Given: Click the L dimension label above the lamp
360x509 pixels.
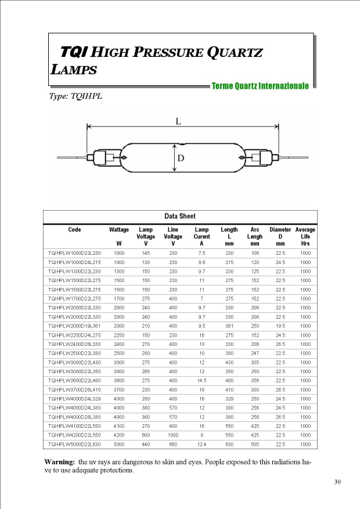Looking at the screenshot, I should point(178,121).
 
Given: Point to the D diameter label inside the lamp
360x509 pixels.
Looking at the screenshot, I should point(181,158).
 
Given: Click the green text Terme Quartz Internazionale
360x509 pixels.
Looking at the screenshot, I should point(260,86).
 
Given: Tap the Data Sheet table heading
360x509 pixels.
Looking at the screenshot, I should point(179,216).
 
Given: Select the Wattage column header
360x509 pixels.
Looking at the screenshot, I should point(119,230).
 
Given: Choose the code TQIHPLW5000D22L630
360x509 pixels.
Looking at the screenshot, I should point(74,445).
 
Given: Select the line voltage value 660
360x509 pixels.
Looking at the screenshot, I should point(173,445).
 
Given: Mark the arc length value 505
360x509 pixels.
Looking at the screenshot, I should point(254,445).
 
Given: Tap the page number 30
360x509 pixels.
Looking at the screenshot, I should point(337,482).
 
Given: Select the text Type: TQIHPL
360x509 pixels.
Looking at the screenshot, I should point(76,96).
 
